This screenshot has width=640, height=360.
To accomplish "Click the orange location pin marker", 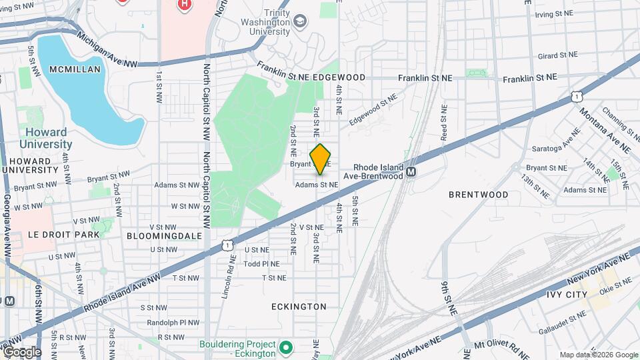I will pyautogui.click(x=321, y=159).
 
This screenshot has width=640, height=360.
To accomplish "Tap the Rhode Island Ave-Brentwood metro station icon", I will pyautogui.click(x=411, y=171).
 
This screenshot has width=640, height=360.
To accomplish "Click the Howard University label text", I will pyautogui.click(x=45, y=138).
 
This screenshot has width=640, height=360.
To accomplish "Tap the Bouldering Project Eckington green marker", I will pyautogui.click(x=286, y=347).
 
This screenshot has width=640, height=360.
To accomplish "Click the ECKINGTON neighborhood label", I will pyautogui.click(x=299, y=307).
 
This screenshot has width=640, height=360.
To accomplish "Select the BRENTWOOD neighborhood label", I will pyautogui.click(x=478, y=195).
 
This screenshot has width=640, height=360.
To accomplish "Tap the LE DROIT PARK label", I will pyautogui.click(x=64, y=235).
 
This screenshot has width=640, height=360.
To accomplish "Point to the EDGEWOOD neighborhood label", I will pyautogui.click(x=339, y=77).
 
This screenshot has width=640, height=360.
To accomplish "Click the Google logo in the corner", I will pyautogui.click(x=22, y=352).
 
